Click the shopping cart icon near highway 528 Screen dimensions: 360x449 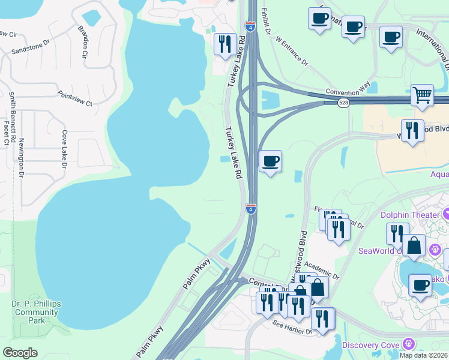point(422,95)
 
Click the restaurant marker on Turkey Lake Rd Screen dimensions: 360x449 point(225,44)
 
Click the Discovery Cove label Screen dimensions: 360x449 point(370,345)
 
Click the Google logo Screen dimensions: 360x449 point(20,353)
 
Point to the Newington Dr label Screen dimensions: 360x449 point(20,158)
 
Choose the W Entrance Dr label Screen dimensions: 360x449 point(291,53)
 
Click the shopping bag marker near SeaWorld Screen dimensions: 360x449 point(414,246)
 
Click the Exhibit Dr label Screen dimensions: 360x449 point(267,21)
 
